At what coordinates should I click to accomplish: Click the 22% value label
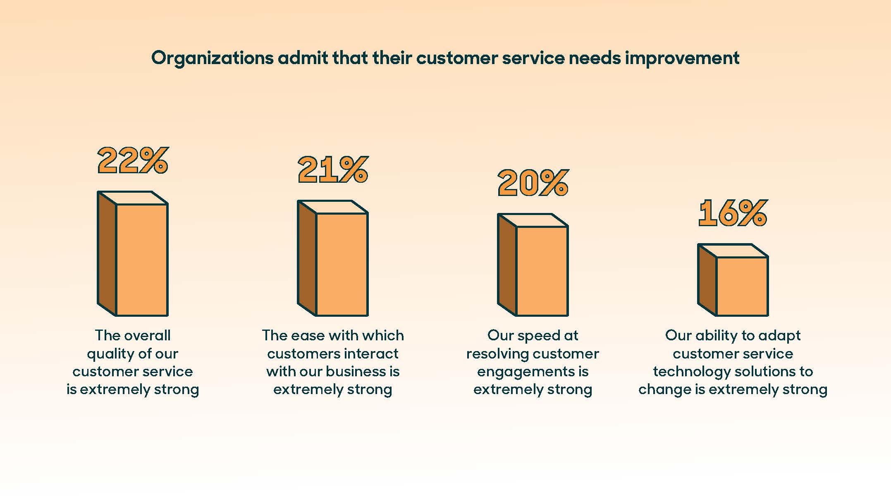[133, 160]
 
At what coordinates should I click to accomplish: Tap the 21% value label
[333, 170]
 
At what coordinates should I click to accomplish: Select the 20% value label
[533, 183]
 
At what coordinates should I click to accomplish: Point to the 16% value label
[733, 213]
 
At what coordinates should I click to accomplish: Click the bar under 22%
[133, 254]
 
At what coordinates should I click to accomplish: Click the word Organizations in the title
[212, 58]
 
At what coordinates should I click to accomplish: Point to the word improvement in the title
[682, 58]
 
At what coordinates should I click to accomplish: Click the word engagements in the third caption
[525, 372]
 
